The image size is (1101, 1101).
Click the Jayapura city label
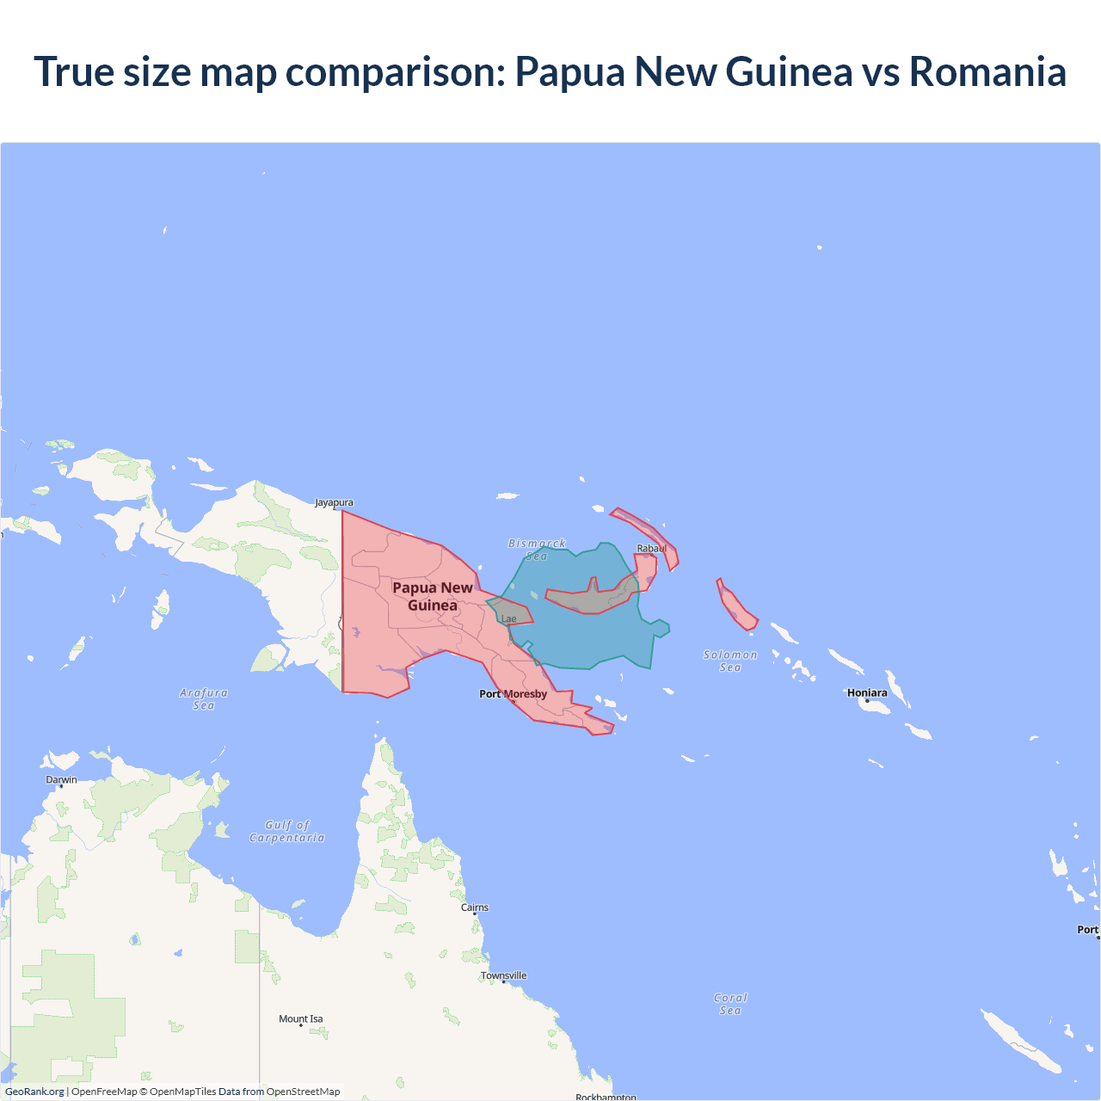click(334, 502)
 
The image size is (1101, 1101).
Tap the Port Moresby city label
click(513, 694)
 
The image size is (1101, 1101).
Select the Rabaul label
click(651, 549)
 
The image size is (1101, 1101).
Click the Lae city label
click(509, 619)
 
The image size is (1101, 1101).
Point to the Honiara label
click(867, 692)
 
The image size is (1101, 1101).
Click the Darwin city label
click(61, 780)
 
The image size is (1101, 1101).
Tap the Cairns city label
click(475, 907)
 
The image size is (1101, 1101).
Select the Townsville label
click(504, 975)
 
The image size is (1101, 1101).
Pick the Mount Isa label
click(301, 1019)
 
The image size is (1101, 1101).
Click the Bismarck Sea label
click(537, 550)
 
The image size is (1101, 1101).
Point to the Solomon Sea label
click(730, 661)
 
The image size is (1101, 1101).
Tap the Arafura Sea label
click(204, 698)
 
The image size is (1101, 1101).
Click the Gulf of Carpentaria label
click(287, 831)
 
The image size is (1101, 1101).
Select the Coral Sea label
click(730, 1004)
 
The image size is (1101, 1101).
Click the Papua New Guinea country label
click(433, 596)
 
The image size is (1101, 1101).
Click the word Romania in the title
click(987, 71)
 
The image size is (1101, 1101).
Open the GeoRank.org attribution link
click(34, 1092)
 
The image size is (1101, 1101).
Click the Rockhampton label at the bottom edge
click(606, 1097)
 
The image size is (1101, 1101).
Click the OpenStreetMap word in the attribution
click(303, 1092)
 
